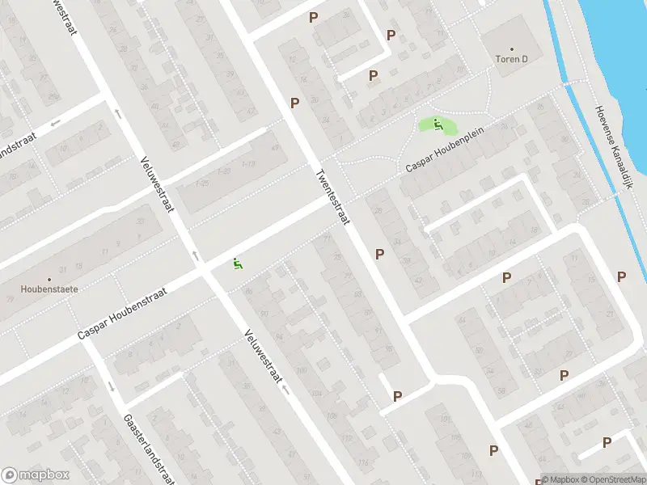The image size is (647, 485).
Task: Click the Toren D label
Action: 511,59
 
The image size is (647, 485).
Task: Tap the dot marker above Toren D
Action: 511,48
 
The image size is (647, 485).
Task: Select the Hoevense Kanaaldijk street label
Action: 611,149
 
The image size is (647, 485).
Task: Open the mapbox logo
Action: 36,475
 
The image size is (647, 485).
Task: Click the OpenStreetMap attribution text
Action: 611,479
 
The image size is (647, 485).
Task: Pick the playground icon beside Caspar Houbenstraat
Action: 237,264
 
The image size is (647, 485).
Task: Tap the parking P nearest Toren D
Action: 391,35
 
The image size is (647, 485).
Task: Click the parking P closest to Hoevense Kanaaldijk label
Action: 622,276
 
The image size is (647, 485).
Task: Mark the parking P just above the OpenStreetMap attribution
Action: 607,442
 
